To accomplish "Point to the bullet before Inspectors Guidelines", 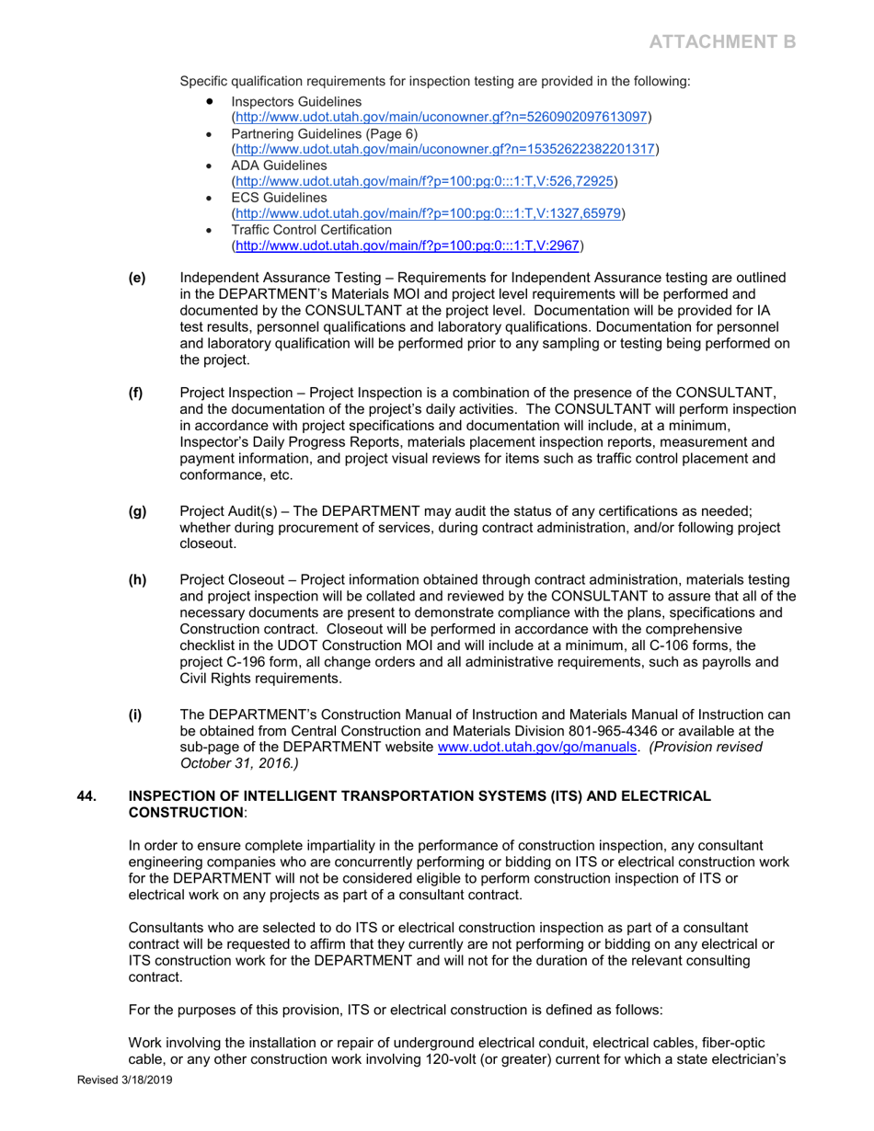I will click(213, 99).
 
